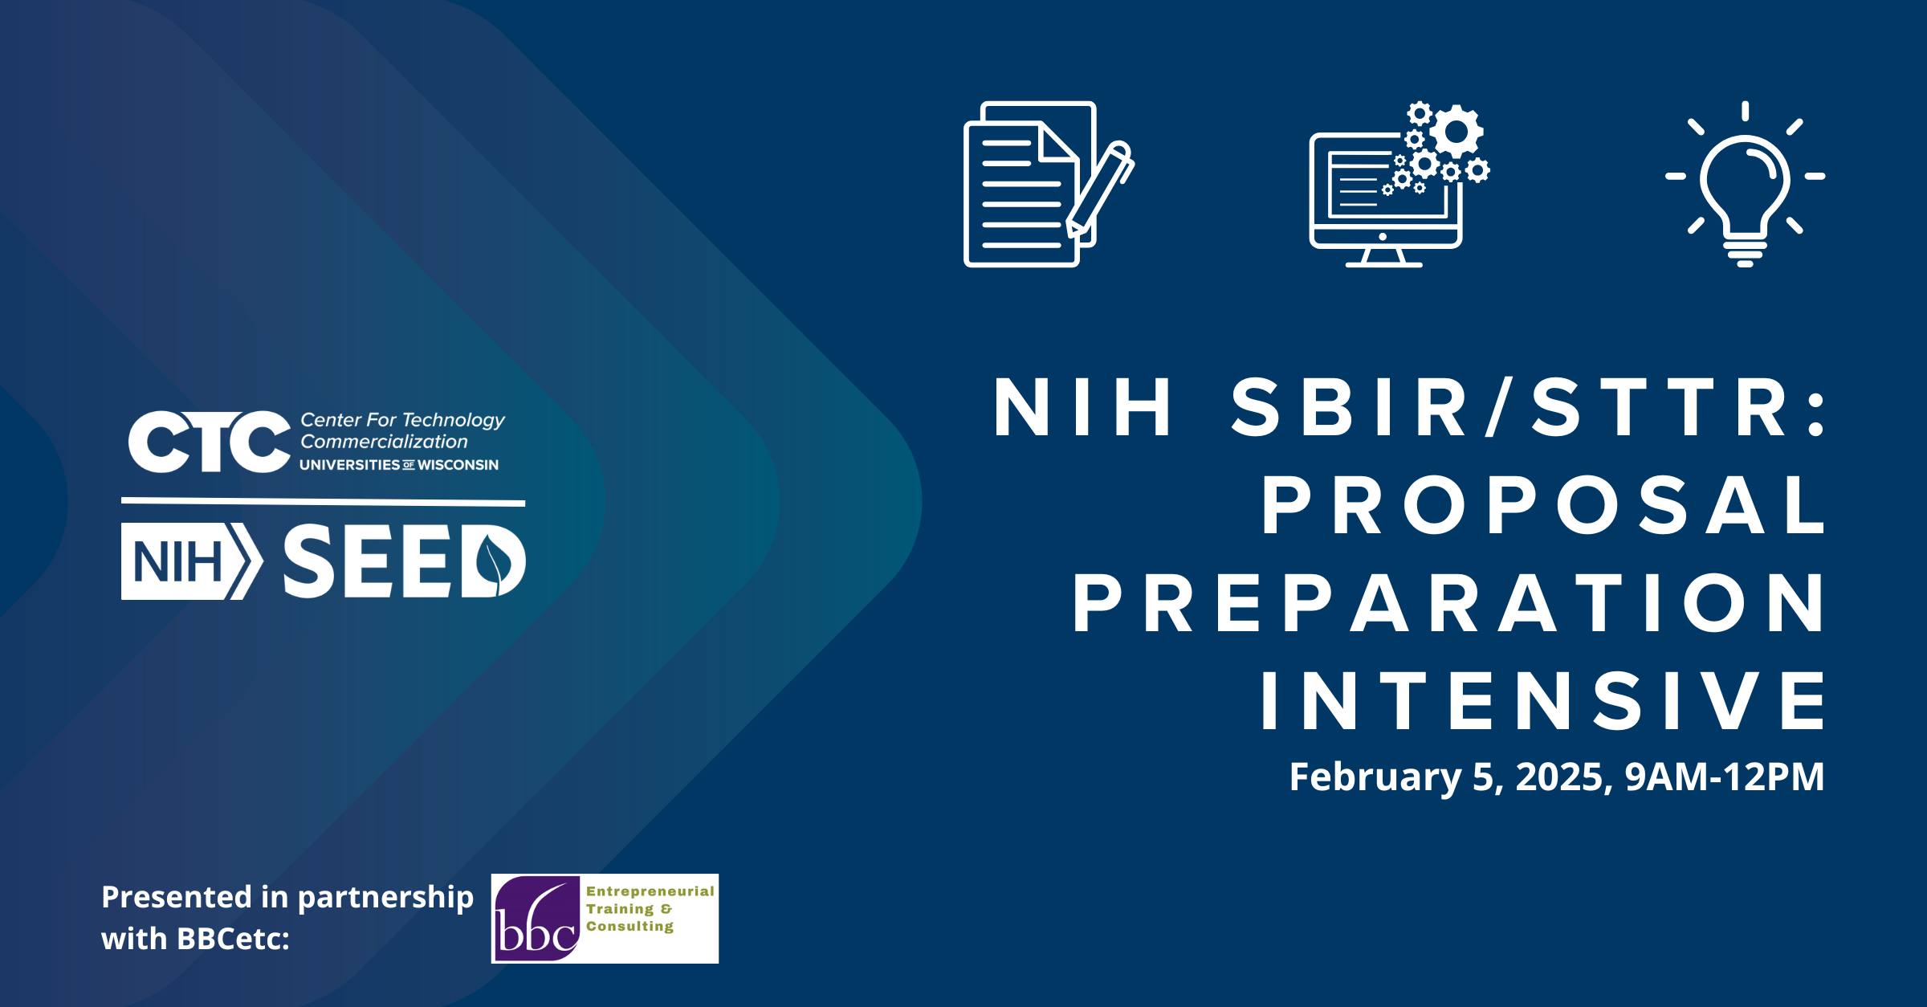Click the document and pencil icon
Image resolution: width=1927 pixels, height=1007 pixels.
click(x=1049, y=184)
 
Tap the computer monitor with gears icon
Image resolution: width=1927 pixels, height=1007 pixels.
click(x=1399, y=185)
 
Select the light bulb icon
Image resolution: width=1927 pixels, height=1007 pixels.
click(x=1745, y=184)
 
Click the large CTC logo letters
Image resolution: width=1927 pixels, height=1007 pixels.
click(x=209, y=442)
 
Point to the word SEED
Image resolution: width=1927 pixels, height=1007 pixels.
click(x=405, y=561)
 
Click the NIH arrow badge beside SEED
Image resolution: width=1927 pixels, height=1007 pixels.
click(x=192, y=561)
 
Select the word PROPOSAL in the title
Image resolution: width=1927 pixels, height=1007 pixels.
click(x=1543, y=504)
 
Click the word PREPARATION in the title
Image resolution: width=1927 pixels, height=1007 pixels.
click(x=1449, y=603)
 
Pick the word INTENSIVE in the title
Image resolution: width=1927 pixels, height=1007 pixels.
click(x=1542, y=701)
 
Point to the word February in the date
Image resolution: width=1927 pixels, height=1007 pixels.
click(x=1375, y=777)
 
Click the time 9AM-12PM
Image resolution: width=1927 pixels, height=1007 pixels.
click(x=1725, y=777)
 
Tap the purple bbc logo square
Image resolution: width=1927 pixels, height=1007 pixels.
click(x=536, y=919)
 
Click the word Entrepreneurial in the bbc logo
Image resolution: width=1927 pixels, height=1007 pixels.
click(x=650, y=891)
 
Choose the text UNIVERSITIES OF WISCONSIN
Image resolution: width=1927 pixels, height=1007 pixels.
click(x=399, y=465)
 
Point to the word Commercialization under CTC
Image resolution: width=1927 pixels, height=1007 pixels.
click(x=384, y=442)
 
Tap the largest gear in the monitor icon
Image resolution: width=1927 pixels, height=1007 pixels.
click(x=1456, y=131)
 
